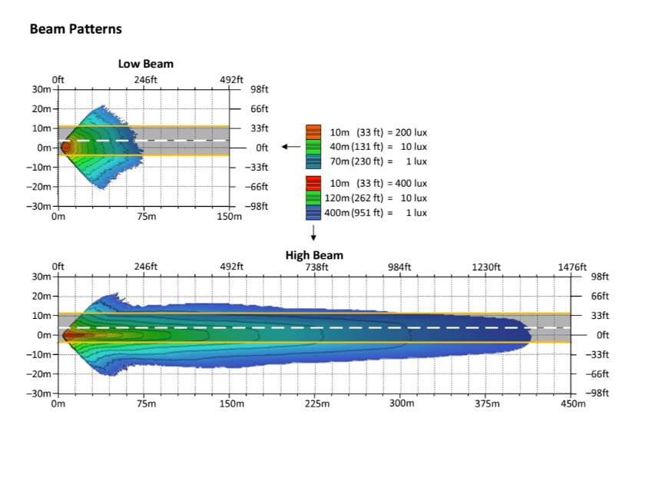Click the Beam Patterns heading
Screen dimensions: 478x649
coord(75,29)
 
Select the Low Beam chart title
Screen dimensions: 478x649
coord(145,64)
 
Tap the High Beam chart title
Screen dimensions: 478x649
coord(314,255)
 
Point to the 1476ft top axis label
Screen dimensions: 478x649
coord(572,267)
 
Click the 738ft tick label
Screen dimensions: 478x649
coord(316,267)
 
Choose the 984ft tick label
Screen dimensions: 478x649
coord(401,267)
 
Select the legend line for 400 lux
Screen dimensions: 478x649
coord(379,184)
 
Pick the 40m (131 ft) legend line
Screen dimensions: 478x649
coord(379,147)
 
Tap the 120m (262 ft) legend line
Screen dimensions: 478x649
coord(379,198)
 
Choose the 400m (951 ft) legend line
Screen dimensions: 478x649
coord(379,213)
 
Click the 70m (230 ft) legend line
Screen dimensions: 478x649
coord(379,161)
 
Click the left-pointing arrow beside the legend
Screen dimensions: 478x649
coord(290,147)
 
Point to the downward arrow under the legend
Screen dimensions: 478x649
coord(313,234)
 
